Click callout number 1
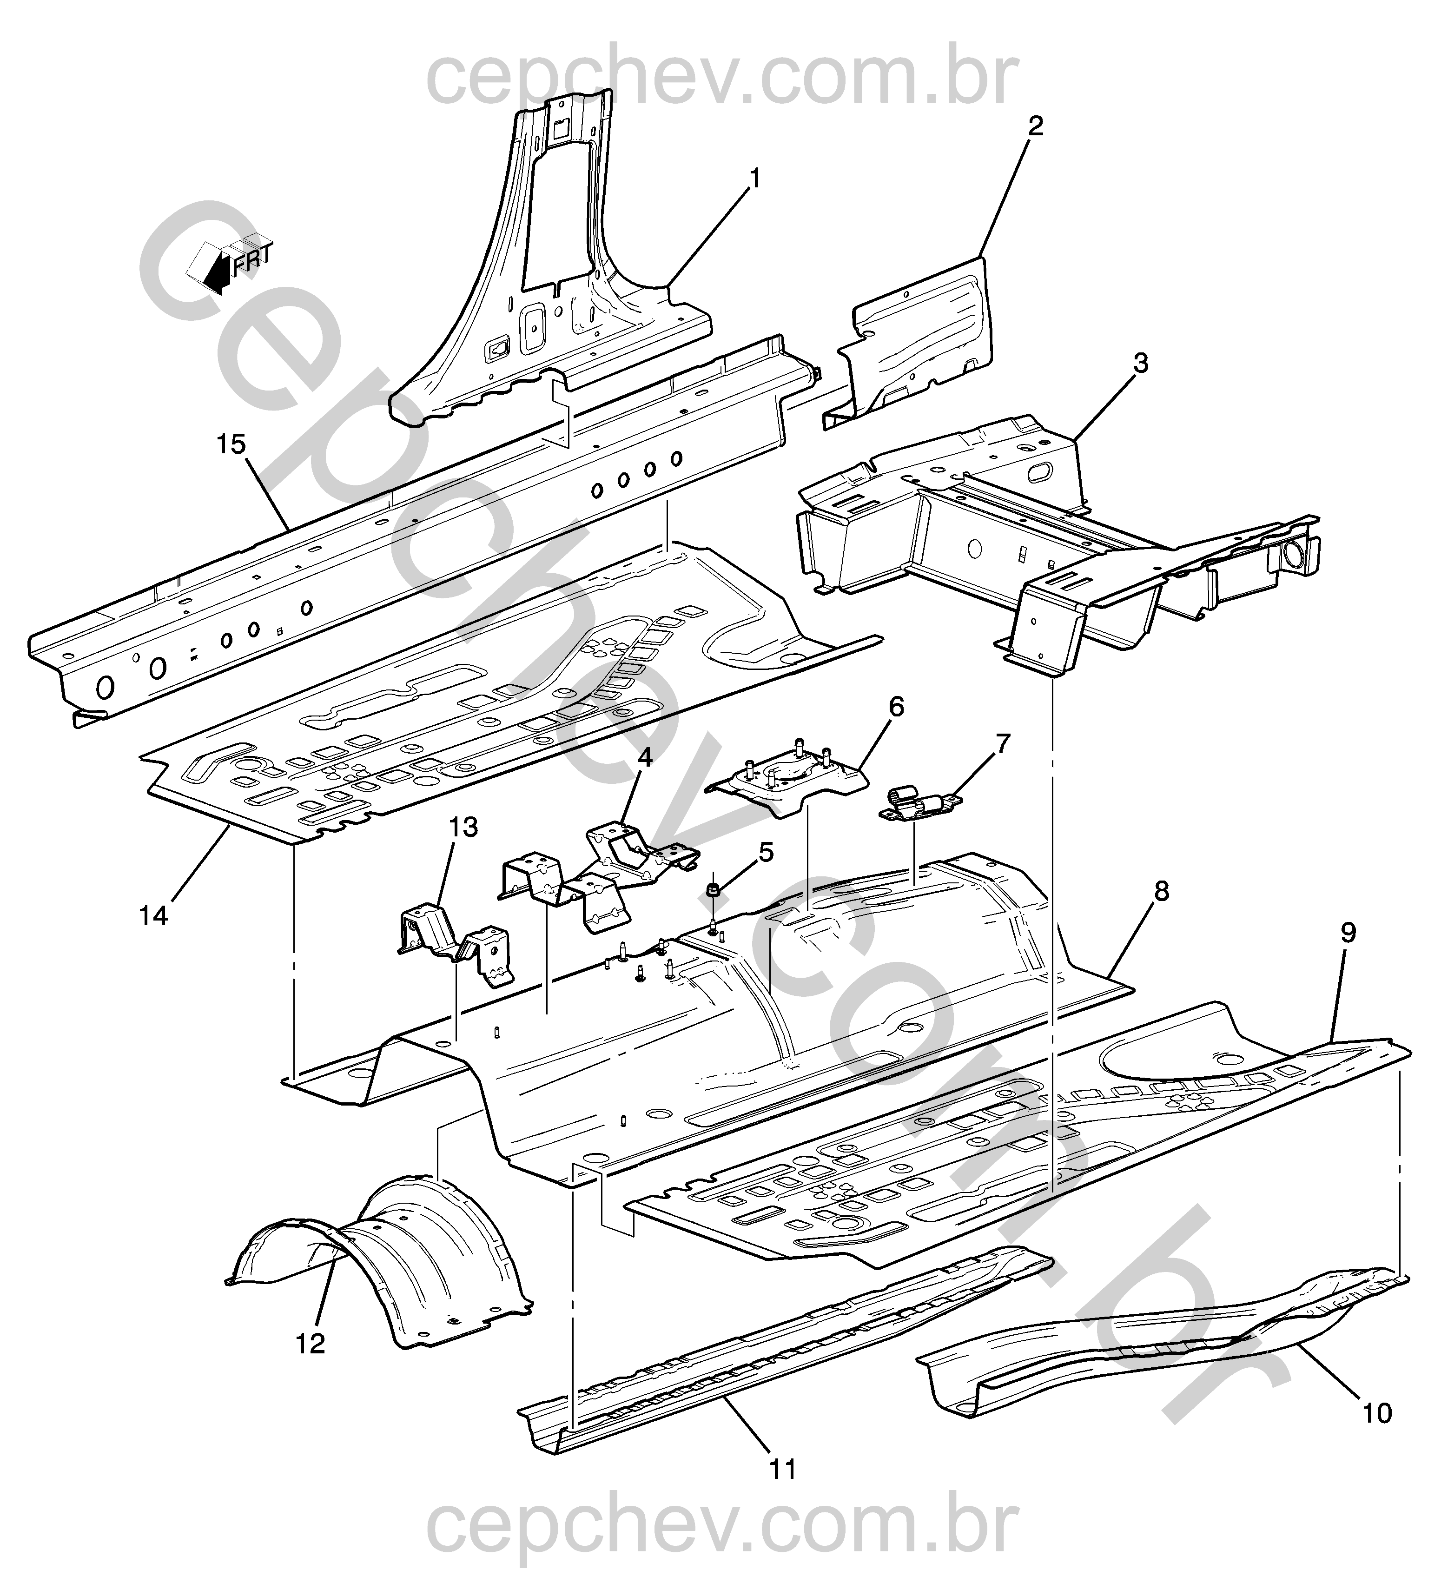pos(755,179)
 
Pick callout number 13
pos(464,828)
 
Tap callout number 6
pos(896,708)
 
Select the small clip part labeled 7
pos(917,805)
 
